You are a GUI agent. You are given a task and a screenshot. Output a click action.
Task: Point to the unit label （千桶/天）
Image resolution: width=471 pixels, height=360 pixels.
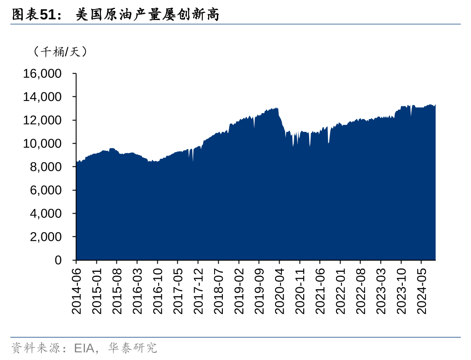[60, 52]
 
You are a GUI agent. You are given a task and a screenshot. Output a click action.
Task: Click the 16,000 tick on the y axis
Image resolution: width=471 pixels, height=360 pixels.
[42, 74]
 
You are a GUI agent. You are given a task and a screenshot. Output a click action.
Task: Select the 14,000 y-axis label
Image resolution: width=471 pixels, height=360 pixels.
[42, 97]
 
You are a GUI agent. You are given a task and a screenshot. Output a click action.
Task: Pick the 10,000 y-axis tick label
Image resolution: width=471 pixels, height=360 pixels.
[42, 144]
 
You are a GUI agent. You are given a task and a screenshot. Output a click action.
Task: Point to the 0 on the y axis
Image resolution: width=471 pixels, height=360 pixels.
[58, 260]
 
